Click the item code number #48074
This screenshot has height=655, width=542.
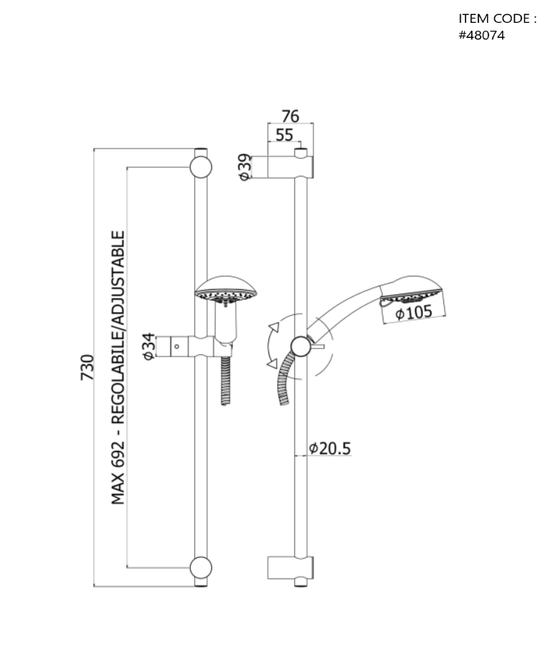pos(481,36)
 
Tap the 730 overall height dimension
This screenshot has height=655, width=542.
pos(87,367)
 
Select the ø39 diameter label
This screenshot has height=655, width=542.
pos(245,167)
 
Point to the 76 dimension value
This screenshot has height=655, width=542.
pos(290,116)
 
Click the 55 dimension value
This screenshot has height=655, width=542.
pos(284,135)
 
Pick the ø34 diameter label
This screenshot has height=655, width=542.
pos(149,346)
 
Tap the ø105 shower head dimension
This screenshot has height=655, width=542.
pos(413,312)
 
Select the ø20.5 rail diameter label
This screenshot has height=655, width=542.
pos(330,449)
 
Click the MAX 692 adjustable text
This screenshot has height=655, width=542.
pos(118,368)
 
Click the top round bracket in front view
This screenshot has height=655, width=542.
pos(201,167)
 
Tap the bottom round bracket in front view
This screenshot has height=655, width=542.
pos(201,568)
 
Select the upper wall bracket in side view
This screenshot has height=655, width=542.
pos(290,167)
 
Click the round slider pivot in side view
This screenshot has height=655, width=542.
pos(301,346)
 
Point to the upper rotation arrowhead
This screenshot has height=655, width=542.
pos(274,327)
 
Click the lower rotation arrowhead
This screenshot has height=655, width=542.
pos(272,364)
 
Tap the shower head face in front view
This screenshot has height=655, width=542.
pos(226,296)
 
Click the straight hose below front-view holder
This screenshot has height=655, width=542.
pos(226,381)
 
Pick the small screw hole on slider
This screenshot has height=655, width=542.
pos(176,346)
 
